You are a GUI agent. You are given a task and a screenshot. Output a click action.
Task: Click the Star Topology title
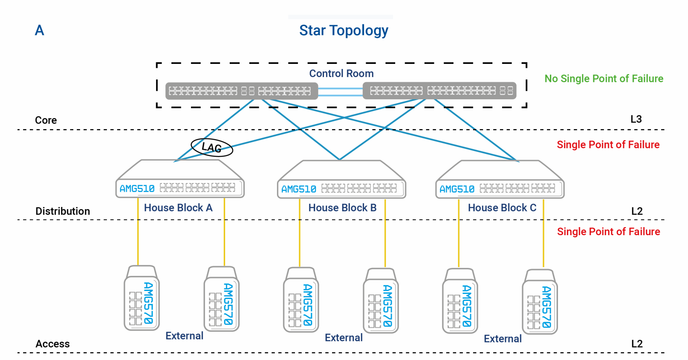pyautogui.click(x=344, y=31)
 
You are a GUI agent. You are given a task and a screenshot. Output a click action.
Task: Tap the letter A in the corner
pyautogui.click(x=39, y=30)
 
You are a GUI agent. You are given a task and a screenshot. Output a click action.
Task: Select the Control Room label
pyautogui.click(x=341, y=74)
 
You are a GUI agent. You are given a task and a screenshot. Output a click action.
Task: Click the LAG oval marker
pyautogui.click(x=211, y=147)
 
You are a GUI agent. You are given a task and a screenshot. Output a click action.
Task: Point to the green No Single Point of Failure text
pyautogui.click(x=604, y=79)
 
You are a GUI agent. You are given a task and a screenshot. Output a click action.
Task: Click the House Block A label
pyautogui.click(x=178, y=208)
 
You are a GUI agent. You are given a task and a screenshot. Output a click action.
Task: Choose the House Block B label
pyautogui.click(x=342, y=208)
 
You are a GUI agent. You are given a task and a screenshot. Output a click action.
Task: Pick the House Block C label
pyautogui.click(x=502, y=208)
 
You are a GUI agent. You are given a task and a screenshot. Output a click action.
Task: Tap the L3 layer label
pyautogui.click(x=636, y=119)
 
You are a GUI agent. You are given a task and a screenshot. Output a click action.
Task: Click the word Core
pyautogui.click(x=46, y=121)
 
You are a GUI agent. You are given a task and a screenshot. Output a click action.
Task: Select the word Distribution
pyautogui.click(x=63, y=211)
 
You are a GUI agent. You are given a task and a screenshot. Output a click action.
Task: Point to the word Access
pyautogui.click(x=52, y=344)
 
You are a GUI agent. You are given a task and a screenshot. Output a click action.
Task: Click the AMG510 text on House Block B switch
pyautogui.click(x=298, y=189)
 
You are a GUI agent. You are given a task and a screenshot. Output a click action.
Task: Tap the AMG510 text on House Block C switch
pyautogui.click(x=457, y=189)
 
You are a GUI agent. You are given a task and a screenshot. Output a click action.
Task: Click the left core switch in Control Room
pyautogui.click(x=241, y=91)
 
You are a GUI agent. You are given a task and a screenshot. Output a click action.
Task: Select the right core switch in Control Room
pyautogui.click(x=439, y=91)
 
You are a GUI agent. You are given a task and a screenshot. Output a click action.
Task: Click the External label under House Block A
pyautogui.click(x=184, y=336)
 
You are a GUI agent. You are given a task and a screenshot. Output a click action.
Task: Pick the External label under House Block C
pyautogui.click(x=503, y=339)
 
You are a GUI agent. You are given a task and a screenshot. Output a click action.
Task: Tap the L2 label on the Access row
pyautogui.click(x=637, y=344)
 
